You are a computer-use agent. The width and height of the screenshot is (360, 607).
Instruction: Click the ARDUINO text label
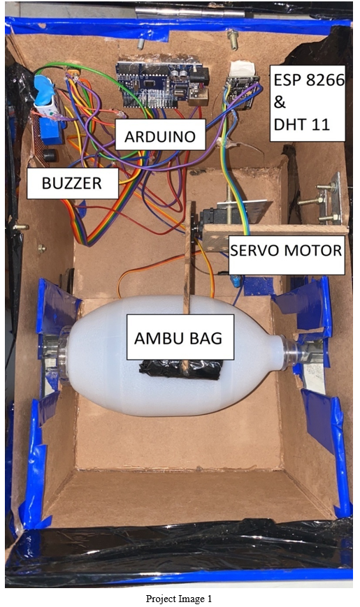[160, 137]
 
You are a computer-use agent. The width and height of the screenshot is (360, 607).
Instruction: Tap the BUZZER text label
[72, 183]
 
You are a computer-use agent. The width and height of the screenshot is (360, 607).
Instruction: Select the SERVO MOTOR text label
[286, 251]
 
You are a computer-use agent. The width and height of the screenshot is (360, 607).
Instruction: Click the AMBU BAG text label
[178, 338]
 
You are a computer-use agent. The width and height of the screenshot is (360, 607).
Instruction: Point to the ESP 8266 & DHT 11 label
[308, 102]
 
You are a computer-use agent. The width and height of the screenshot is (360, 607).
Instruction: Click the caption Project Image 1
[179, 599]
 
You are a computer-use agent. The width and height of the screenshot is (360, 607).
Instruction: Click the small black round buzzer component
[49, 155]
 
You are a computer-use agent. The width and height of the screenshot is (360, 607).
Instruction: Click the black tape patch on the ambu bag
[181, 369]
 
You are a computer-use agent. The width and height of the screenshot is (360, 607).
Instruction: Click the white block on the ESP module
[243, 69]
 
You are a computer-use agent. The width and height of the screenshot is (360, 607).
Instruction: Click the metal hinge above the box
[190, 11]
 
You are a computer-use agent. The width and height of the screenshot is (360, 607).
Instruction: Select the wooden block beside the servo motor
[275, 233]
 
